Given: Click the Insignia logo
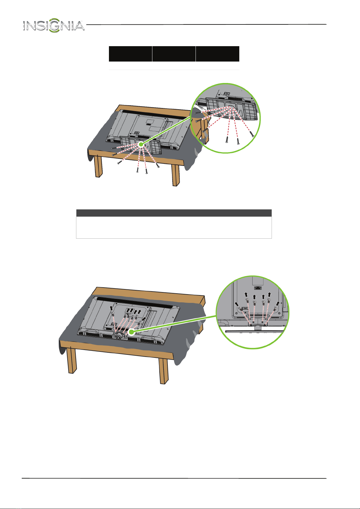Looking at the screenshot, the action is point(54,25).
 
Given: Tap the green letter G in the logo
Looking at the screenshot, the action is point(55,25).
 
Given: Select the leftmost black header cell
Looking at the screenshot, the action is point(130,54).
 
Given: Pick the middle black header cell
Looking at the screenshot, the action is point(174,54).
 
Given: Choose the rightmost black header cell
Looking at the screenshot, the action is point(218,54).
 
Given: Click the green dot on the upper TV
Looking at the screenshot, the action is point(141,144).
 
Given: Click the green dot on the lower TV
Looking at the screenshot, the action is point(131,332).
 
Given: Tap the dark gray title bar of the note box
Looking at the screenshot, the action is point(174,213).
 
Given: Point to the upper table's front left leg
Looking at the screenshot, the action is point(98,166).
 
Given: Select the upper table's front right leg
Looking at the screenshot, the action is point(176,175).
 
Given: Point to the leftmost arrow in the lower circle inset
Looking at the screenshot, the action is point(237,304).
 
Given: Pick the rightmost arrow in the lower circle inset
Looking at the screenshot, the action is point(278,304).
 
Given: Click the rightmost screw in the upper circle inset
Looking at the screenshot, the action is point(252,134).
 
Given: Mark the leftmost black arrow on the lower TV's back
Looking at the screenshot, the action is point(111,308).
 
